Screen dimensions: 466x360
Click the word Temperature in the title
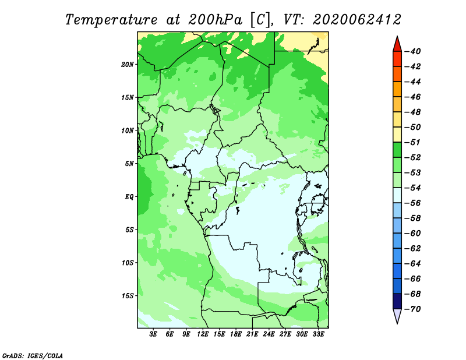(111, 20)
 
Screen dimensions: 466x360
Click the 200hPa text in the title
(215, 20)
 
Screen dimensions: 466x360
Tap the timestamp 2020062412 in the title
(357, 20)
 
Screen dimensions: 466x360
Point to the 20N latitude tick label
(128, 65)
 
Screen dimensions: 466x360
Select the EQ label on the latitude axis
(129, 197)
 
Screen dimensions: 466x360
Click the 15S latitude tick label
(128, 296)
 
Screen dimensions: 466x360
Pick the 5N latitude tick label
(129, 164)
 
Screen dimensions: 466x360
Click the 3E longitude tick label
(153, 334)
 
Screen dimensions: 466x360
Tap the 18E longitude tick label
(236, 334)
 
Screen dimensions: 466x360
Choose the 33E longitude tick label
(318, 334)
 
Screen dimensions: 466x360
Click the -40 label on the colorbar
(412, 51)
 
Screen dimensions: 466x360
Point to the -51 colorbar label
(412, 142)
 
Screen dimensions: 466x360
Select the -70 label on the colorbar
(412, 309)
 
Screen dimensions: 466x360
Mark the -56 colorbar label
(412, 203)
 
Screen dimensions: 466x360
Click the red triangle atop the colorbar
(397, 44)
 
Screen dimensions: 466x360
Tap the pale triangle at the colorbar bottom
(397, 316)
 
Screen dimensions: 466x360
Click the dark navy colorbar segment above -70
(397, 301)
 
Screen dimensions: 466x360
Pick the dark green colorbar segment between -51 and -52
(397, 150)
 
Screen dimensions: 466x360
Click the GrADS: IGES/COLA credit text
(33, 355)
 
